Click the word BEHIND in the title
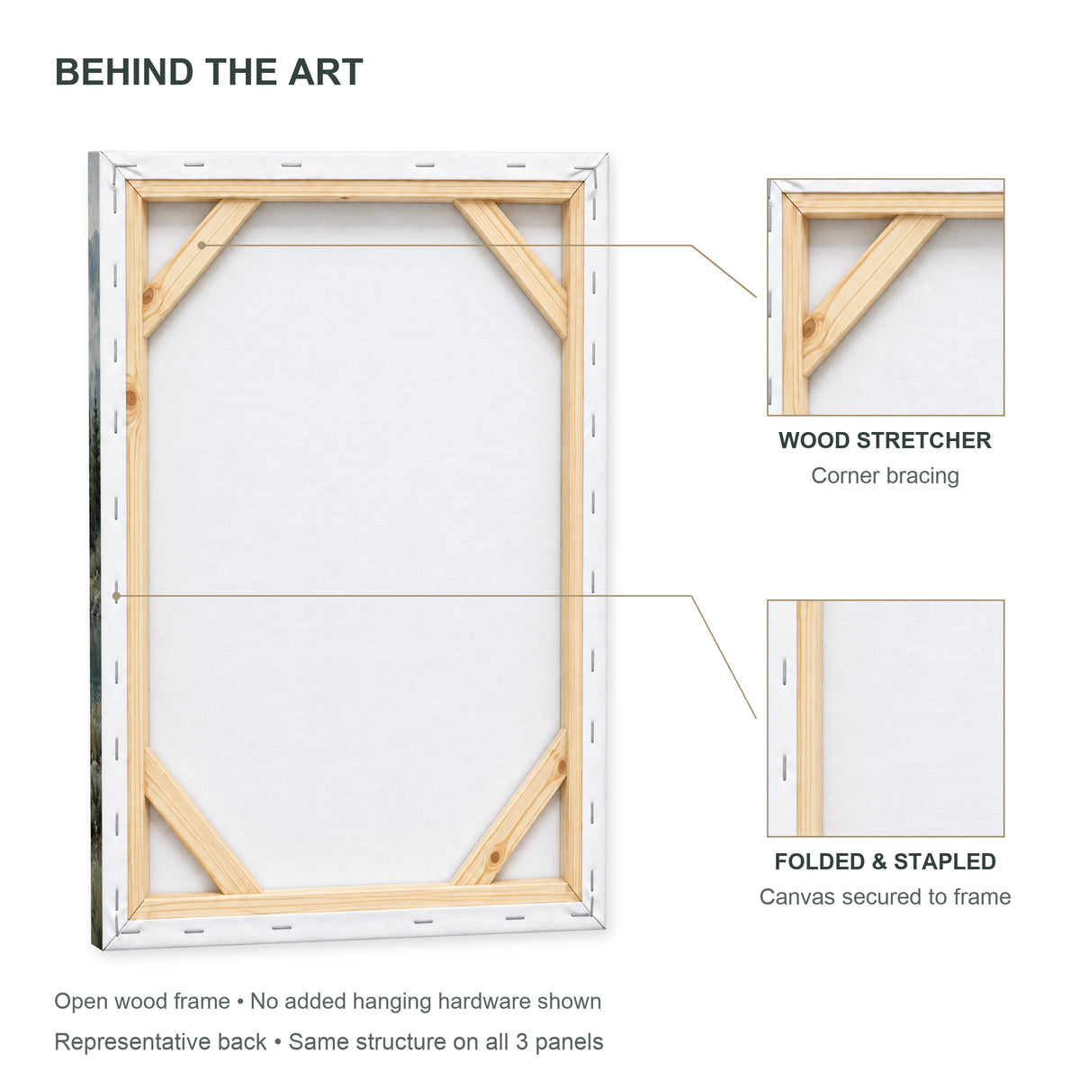(124, 72)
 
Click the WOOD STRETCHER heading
(885, 440)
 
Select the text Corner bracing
(885, 476)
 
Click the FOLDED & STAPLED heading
(885, 861)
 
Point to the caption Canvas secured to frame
(885, 896)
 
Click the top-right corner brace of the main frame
(511, 268)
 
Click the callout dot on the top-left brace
(202, 246)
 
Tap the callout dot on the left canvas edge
(116, 596)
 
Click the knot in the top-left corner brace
(148, 295)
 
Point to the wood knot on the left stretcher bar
(131, 399)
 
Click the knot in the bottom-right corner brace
(495, 857)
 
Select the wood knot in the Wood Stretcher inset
(809, 328)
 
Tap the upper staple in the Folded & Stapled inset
(784, 672)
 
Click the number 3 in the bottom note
(522, 1042)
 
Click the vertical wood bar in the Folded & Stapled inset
(809, 718)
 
